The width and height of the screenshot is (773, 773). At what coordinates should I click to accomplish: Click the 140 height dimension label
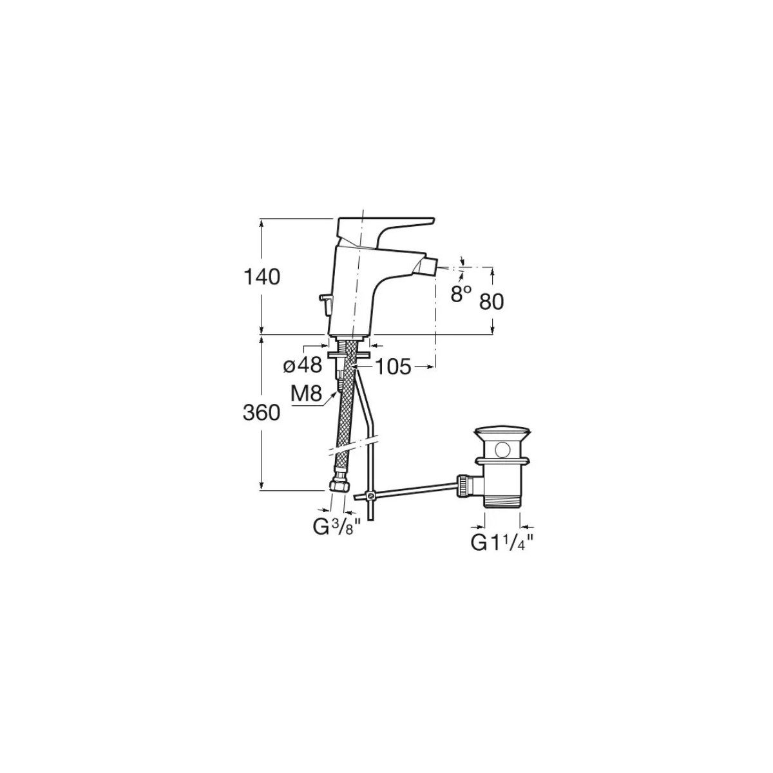pyautogui.click(x=262, y=277)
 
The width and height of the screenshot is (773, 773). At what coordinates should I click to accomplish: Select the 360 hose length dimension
pyautogui.click(x=261, y=412)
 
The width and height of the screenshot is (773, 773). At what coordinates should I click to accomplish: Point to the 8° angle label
pyautogui.click(x=461, y=294)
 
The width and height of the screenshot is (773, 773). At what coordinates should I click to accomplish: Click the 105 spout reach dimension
pyautogui.click(x=393, y=367)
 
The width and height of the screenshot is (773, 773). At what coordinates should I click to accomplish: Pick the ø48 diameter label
pyautogui.click(x=303, y=365)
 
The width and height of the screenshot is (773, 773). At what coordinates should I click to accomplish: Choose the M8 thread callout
pyautogui.click(x=306, y=394)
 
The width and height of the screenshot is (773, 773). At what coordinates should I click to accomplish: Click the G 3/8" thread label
pyautogui.click(x=334, y=528)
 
